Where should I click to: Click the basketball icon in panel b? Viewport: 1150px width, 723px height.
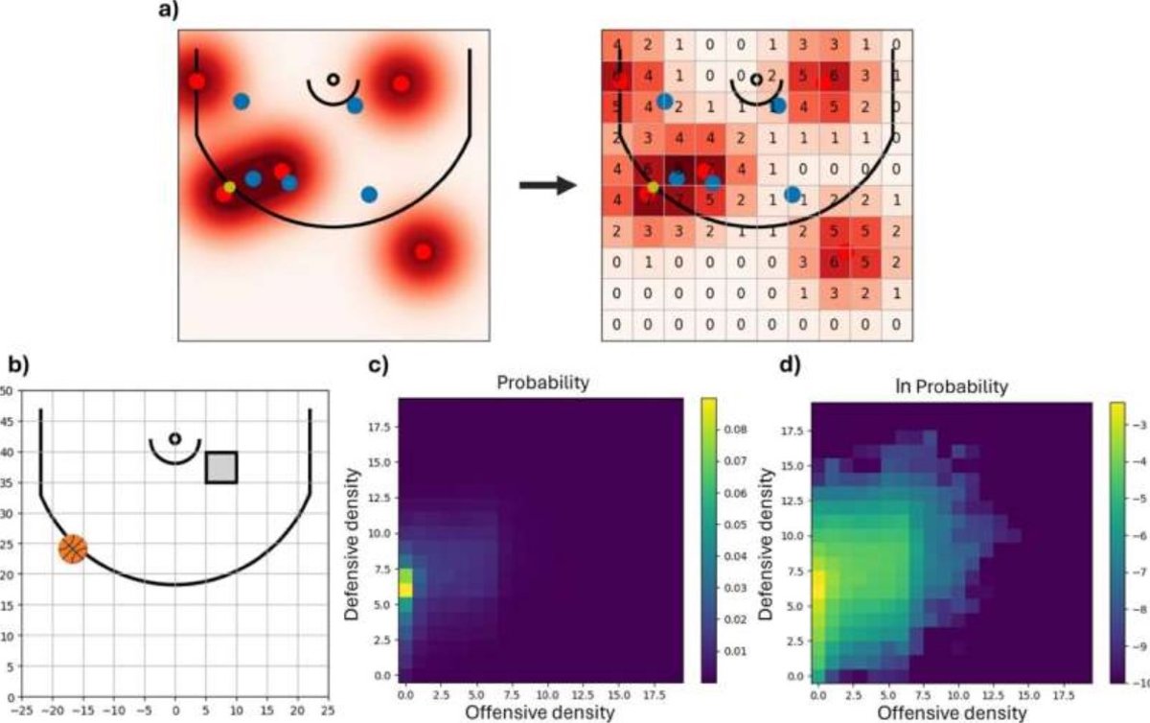point(73,548)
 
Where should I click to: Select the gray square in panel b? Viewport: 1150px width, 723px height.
point(221,467)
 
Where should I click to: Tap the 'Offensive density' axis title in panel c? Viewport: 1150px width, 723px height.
point(540,712)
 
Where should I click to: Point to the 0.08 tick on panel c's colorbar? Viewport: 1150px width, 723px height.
point(735,431)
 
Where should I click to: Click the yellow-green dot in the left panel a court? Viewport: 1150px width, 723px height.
point(229,187)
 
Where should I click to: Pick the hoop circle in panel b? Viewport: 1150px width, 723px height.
point(174,438)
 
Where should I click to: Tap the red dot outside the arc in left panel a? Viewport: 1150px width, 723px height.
point(423,252)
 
